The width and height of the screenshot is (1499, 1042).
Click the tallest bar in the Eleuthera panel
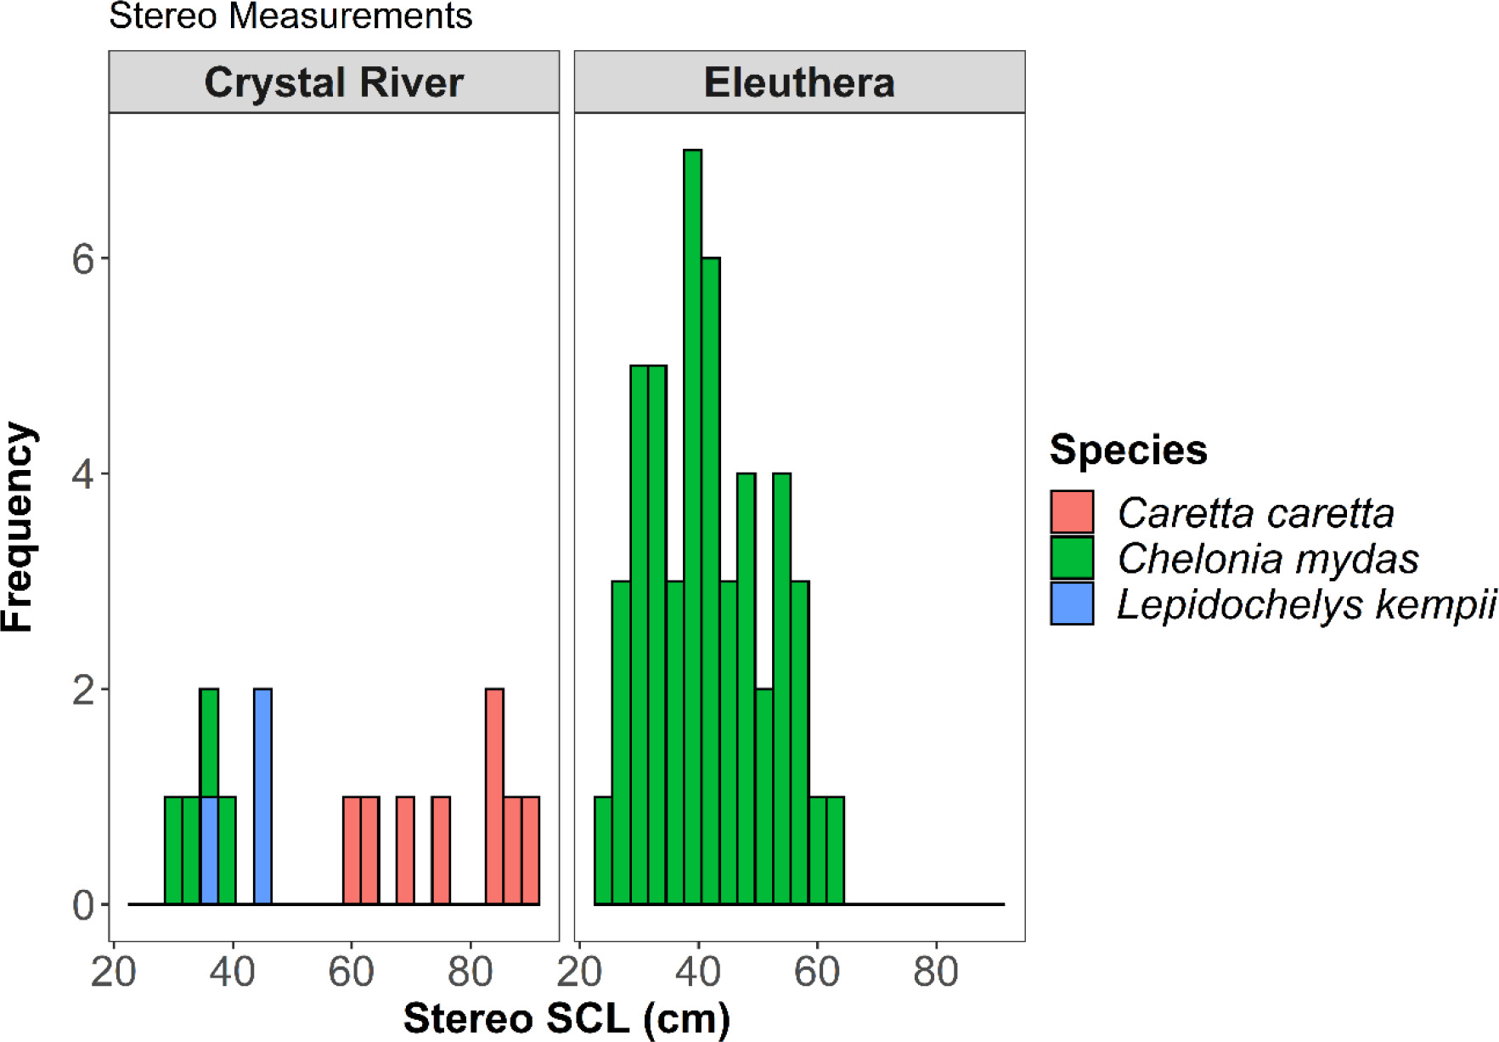[x=693, y=527]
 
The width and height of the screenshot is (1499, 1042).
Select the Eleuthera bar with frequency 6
[x=711, y=581]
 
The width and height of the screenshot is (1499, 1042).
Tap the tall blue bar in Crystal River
[x=262, y=796]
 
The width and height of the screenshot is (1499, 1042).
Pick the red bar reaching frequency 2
[x=494, y=796]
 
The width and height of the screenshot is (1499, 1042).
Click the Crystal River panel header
[x=334, y=82]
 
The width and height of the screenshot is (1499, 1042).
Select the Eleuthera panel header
[x=799, y=82]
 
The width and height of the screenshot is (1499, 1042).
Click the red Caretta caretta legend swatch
[x=1072, y=513]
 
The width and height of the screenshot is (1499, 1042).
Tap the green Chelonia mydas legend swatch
[x=1072, y=558]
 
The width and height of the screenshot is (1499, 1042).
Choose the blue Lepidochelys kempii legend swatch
[x=1072, y=603]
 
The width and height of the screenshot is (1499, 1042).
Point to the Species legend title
[x=1128, y=450]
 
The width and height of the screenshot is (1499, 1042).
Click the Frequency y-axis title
[x=19, y=527]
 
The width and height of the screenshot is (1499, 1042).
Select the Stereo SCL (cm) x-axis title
[x=566, y=1018]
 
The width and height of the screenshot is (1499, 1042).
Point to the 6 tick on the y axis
[x=83, y=258]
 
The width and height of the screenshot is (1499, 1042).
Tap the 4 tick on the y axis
[x=83, y=474]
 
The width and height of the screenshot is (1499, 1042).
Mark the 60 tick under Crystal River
[x=351, y=971]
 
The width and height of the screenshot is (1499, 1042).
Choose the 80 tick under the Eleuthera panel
[x=936, y=971]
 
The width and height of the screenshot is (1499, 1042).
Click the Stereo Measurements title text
[x=290, y=15]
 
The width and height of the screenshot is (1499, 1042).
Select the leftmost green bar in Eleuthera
[x=603, y=851]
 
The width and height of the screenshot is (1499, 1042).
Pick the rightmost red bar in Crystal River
[x=530, y=851]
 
